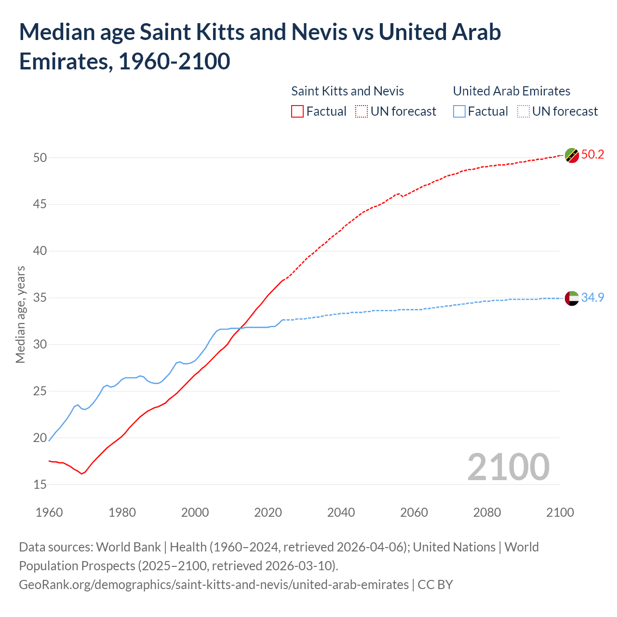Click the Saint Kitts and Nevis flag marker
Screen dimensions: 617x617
pos(572,155)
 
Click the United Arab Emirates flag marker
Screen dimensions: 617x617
pos(572,298)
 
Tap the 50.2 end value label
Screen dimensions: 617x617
pos(592,155)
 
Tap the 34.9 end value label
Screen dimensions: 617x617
pos(592,298)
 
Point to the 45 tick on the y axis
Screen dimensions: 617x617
pos(40,204)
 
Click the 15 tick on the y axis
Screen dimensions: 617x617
pos(40,484)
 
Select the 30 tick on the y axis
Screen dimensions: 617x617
pos(40,344)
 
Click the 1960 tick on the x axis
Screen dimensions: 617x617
pos(49,512)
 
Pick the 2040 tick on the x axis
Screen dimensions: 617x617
pos(341,512)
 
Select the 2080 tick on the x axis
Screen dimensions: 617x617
pos(487,512)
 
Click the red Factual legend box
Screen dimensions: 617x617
pos(297,112)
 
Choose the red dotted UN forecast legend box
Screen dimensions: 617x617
pos(362,112)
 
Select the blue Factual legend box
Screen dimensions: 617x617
pos(459,112)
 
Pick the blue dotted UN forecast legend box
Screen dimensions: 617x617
pos(523,112)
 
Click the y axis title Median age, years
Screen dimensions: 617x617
pos(20,314)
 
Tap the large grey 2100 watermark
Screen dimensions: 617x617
pos(508,467)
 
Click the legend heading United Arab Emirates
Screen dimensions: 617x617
pos(511,91)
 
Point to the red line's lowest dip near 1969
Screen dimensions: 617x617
pos(81,474)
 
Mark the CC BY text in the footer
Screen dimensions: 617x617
pos(435,585)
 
